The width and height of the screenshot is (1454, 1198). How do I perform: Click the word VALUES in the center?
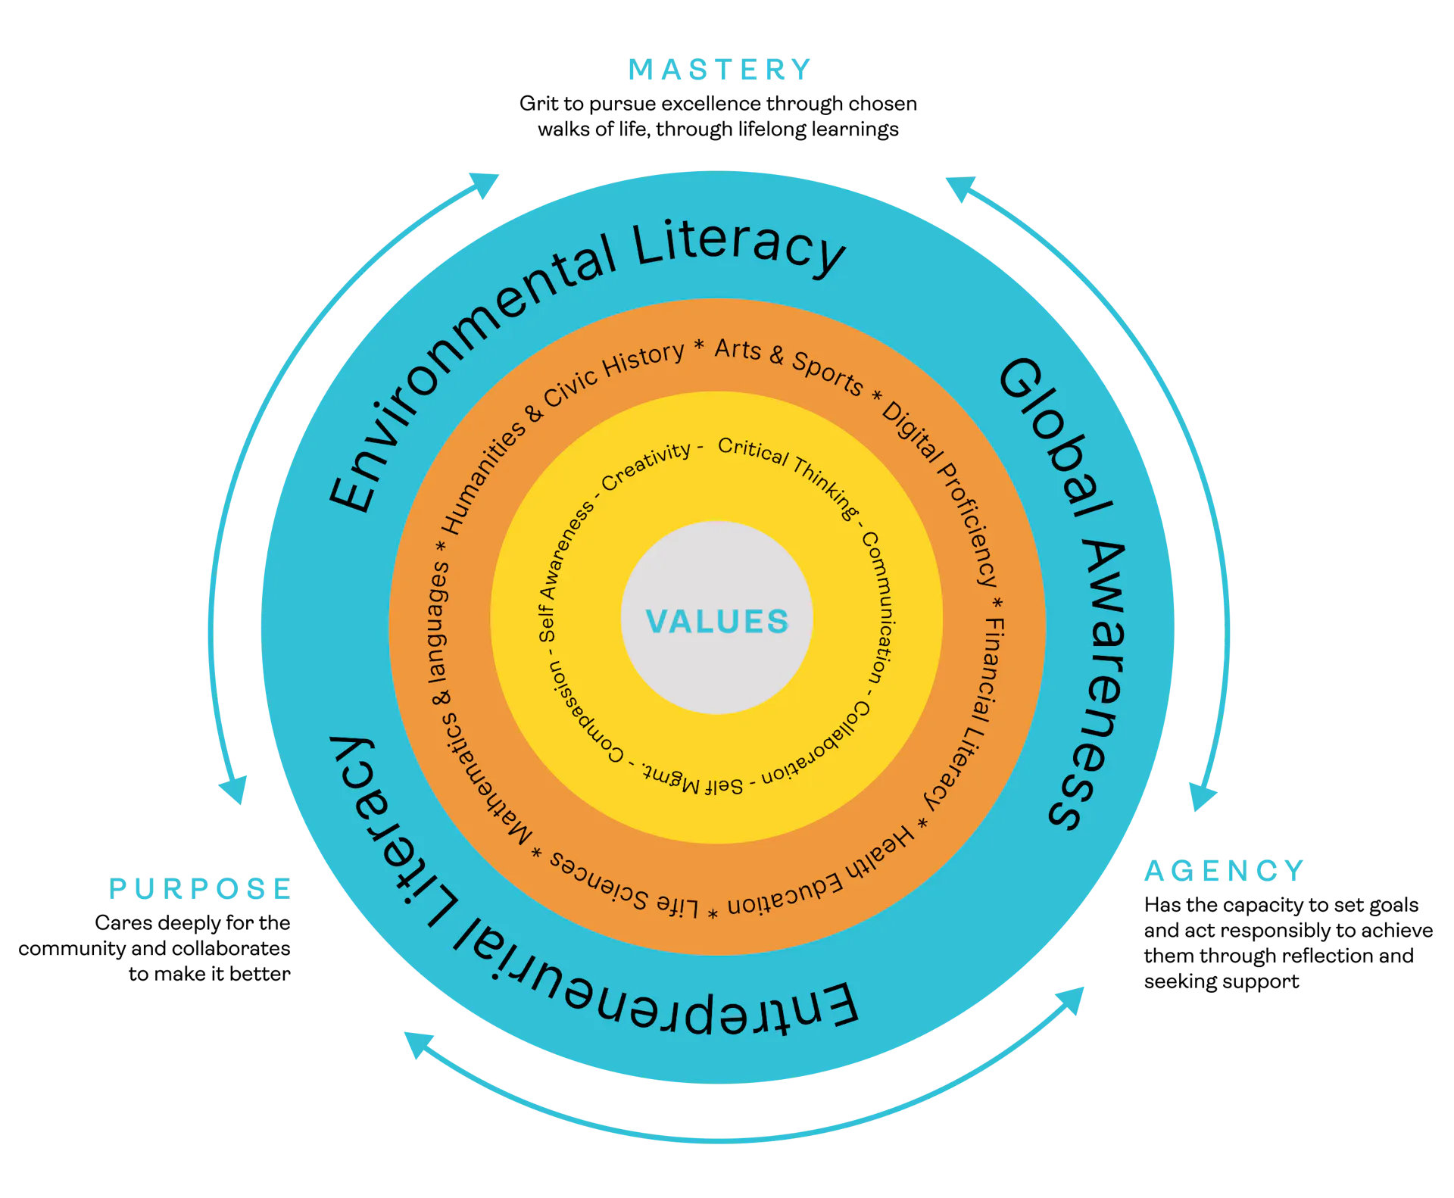click(717, 621)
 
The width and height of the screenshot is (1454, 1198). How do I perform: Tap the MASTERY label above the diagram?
click(718, 70)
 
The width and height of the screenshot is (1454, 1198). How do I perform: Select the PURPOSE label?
click(200, 888)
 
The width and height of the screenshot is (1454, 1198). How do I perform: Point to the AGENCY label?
click(1225, 870)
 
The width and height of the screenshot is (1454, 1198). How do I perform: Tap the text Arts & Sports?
click(788, 365)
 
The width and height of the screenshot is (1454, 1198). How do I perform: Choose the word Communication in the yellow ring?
click(878, 606)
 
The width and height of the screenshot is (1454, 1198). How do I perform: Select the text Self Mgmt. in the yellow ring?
click(693, 780)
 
